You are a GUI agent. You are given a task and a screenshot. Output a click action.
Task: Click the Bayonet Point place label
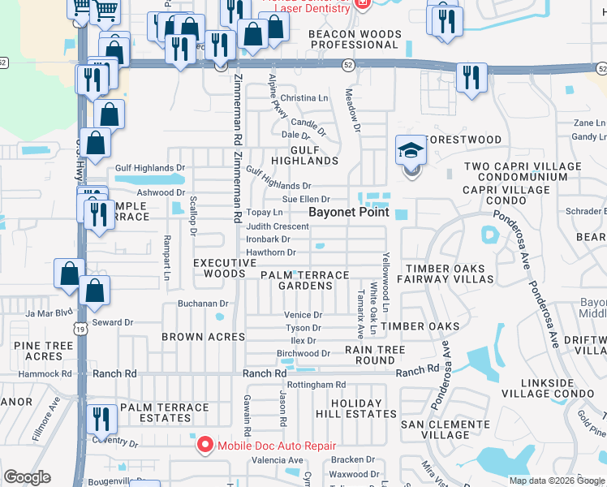(349, 212)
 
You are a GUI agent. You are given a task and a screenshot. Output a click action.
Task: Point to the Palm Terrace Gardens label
(305, 280)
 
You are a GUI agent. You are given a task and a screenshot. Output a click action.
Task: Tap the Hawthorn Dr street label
(270, 252)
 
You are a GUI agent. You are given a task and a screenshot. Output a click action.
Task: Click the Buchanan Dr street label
(203, 304)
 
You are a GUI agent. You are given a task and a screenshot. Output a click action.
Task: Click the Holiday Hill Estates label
(356, 408)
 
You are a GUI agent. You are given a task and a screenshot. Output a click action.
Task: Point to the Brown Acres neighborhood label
(203, 336)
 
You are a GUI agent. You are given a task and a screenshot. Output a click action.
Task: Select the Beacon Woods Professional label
(354, 39)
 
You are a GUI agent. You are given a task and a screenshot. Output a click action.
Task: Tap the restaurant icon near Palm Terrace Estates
(101, 419)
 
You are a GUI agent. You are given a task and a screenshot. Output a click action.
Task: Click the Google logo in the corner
(27, 477)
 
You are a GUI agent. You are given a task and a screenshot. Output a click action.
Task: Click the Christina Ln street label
(304, 98)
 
